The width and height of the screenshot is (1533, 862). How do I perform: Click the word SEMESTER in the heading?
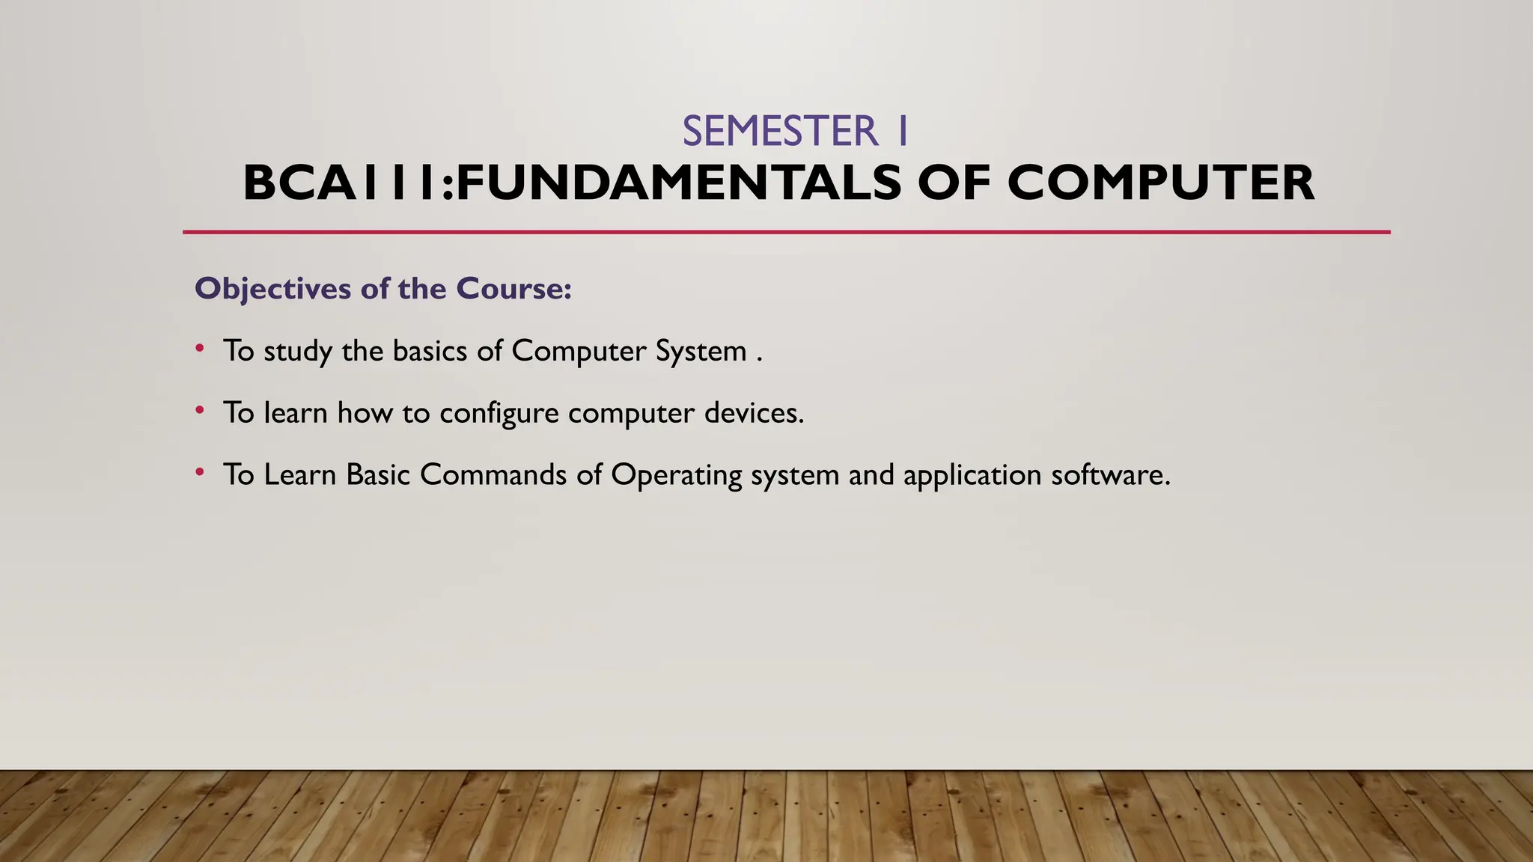point(779,132)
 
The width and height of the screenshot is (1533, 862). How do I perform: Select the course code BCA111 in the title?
point(341,183)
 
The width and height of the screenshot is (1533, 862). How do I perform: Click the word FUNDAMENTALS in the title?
point(678,183)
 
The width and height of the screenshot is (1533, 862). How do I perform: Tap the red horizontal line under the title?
point(786,232)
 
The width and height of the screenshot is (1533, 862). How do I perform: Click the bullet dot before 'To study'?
point(199,348)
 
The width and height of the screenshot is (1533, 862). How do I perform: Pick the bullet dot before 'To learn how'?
point(199,410)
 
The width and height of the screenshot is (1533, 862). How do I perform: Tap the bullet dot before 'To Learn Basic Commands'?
point(199,472)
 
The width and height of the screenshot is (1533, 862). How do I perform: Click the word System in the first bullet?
point(701,351)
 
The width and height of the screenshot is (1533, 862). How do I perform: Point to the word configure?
point(499,414)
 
